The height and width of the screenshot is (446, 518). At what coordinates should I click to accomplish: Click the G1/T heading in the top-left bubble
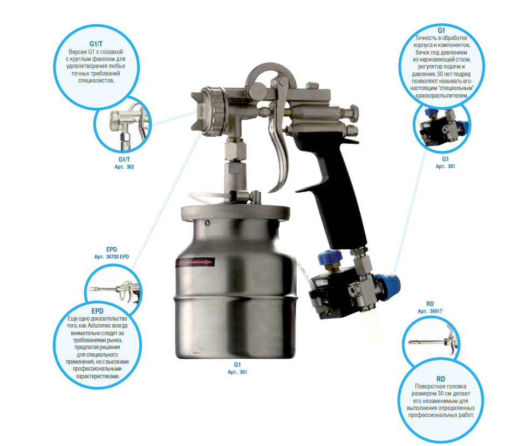(x=96, y=44)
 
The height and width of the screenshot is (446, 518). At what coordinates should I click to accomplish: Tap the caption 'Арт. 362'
(x=124, y=167)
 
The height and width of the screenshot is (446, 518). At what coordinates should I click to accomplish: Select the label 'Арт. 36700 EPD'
(x=112, y=256)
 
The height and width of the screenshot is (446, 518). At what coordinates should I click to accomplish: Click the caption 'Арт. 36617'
(x=430, y=311)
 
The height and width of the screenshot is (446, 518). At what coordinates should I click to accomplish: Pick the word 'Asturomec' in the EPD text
(x=100, y=325)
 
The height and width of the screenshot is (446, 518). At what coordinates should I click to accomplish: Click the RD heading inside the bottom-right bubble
(x=441, y=379)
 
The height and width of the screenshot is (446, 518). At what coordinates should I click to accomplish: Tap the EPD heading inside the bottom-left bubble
(x=98, y=311)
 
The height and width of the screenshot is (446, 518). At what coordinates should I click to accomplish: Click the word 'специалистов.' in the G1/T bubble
(x=96, y=80)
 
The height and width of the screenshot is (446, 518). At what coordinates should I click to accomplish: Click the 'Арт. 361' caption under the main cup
(x=237, y=372)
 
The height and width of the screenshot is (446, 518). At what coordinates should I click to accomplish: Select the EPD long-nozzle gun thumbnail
(x=114, y=290)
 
